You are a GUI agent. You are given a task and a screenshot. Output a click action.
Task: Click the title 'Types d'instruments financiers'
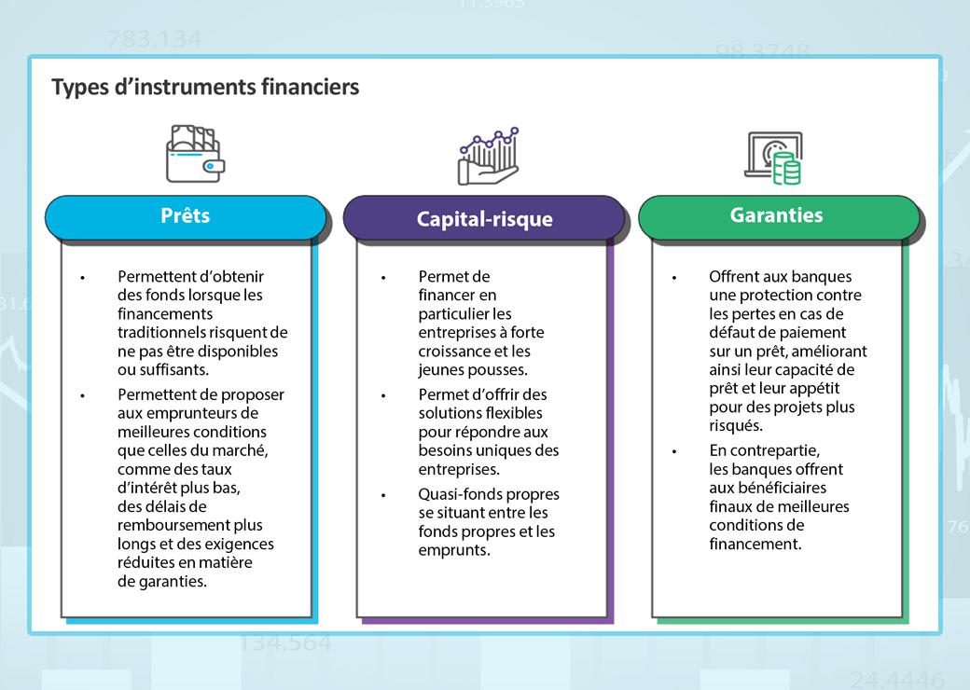[x=205, y=88]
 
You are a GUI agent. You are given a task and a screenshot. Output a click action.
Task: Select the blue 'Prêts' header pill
[x=186, y=216]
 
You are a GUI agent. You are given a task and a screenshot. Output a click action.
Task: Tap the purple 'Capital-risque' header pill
[x=484, y=220]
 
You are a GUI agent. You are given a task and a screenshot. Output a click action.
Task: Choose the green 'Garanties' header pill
[x=776, y=215]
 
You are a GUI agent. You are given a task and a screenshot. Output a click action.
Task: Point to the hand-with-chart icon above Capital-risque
[x=488, y=156]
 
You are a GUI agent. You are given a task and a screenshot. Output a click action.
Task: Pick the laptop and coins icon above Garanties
[x=773, y=158]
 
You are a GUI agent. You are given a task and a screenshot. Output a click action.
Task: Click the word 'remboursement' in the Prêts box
[x=174, y=525]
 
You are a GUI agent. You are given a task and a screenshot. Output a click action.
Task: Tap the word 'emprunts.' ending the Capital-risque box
[x=454, y=550]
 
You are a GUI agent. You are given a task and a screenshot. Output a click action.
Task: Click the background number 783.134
[x=154, y=40]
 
